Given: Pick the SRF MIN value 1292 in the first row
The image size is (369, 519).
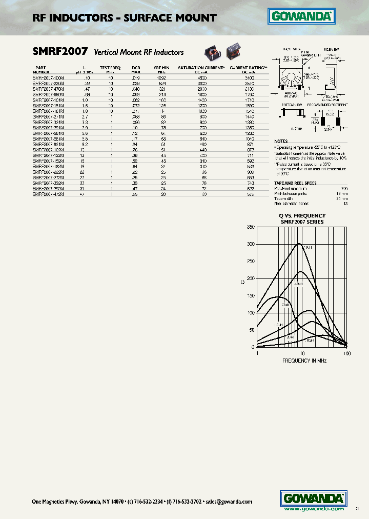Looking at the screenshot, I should (162, 77).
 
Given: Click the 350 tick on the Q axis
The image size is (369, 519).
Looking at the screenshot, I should (250, 227).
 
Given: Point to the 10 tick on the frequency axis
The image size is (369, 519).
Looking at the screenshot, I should (302, 353).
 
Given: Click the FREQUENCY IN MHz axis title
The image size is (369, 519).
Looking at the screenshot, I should (304, 361).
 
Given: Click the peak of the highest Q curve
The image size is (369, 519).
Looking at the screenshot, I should (299, 244).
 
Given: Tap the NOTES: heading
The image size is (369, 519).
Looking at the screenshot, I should (281, 141).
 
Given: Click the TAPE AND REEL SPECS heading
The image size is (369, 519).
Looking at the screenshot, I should (296, 183).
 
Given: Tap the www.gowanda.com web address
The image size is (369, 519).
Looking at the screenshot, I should (314, 509).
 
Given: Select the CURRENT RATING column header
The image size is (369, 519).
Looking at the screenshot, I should (248, 68).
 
